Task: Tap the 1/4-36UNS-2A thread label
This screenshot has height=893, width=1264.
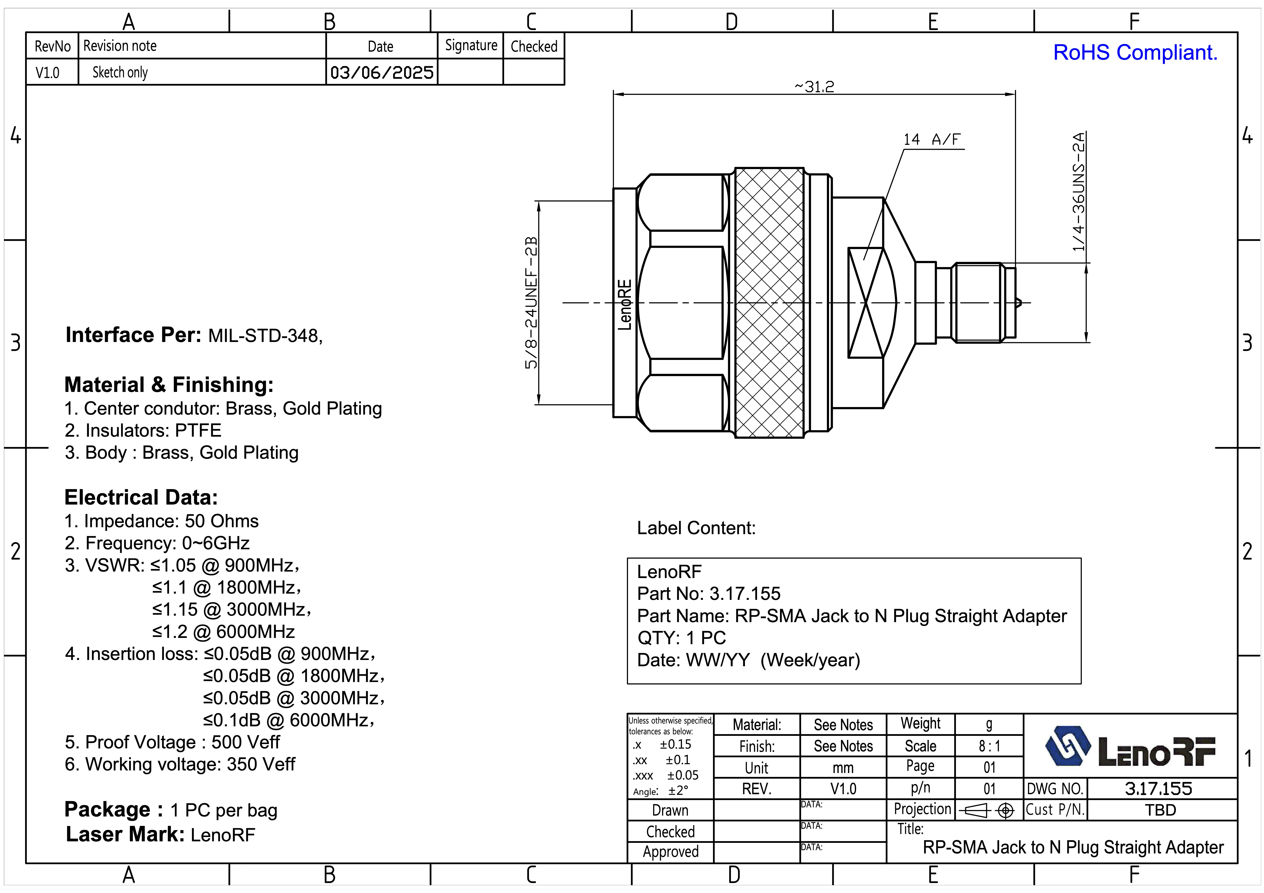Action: click(x=1079, y=192)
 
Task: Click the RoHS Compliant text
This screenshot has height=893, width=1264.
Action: click(x=1135, y=53)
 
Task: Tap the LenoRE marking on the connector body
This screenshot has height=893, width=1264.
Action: click(x=625, y=304)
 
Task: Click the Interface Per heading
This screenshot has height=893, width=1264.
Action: click(x=133, y=335)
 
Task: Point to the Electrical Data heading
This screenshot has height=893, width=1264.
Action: click(x=141, y=497)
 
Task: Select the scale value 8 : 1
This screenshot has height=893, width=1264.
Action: click(x=989, y=746)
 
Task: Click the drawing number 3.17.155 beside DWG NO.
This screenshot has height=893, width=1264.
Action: click(x=1158, y=788)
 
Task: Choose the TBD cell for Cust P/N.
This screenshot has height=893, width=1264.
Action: click(x=1160, y=810)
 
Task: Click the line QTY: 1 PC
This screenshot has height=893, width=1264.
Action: click(x=682, y=637)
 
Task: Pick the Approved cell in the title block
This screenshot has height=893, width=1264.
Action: click(x=671, y=852)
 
